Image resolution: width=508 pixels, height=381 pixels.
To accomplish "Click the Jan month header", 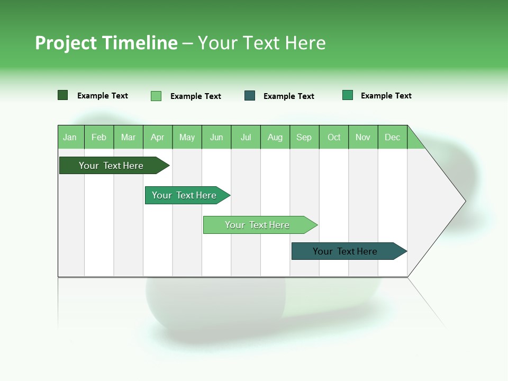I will pyautogui.click(x=70, y=137).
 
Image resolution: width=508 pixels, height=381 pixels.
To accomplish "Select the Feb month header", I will pyautogui.click(x=99, y=137).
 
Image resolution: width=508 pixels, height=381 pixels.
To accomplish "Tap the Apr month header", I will pyautogui.click(x=158, y=137).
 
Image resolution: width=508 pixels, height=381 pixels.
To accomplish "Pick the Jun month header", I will pyautogui.click(x=216, y=137).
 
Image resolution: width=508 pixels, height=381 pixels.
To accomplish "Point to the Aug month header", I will pyautogui.click(x=275, y=137).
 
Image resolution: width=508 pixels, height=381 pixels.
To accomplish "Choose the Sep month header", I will pyautogui.click(x=304, y=137).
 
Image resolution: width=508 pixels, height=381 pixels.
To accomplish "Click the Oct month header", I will pyautogui.click(x=334, y=137).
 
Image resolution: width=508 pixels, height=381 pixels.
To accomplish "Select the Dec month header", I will pyautogui.click(x=393, y=137).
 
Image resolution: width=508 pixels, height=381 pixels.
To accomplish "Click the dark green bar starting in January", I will pyautogui.click(x=112, y=166).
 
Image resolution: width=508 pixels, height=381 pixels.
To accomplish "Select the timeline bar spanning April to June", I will pyautogui.click(x=185, y=195).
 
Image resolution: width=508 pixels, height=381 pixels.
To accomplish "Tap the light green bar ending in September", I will pyautogui.click(x=258, y=225).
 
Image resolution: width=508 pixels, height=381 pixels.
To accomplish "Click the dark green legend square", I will pyautogui.click(x=63, y=95).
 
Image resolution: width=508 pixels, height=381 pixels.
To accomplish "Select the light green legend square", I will pyautogui.click(x=156, y=96).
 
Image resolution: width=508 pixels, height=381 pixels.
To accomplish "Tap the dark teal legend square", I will pyautogui.click(x=250, y=96).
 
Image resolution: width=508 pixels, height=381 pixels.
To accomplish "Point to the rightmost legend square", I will pyautogui.click(x=348, y=95).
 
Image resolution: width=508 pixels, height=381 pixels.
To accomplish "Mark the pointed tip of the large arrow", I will pyautogui.click(x=464, y=201).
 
